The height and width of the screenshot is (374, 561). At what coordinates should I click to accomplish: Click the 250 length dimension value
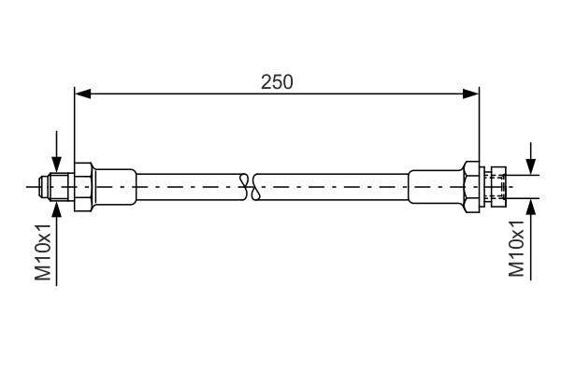click(277, 82)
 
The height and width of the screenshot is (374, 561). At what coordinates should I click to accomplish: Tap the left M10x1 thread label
click(43, 252)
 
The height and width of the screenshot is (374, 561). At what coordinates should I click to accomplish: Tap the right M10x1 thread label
click(516, 248)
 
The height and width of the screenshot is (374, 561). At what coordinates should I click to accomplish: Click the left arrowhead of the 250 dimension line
click(82, 94)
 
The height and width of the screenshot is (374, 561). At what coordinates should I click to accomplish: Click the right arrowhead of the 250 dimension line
click(471, 94)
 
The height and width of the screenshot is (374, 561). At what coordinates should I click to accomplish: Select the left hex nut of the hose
click(83, 187)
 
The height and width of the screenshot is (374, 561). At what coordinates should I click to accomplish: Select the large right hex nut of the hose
click(472, 187)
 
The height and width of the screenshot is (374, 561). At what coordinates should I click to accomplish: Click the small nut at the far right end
click(498, 187)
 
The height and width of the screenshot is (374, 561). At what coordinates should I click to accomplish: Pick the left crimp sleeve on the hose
click(114, 187)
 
